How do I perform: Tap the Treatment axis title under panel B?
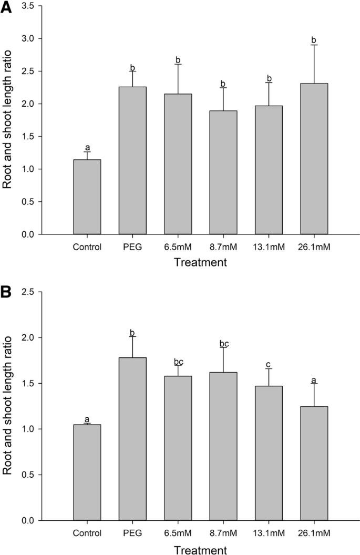tap(201, 549)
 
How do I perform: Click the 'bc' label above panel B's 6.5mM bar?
tap(178, 361)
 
